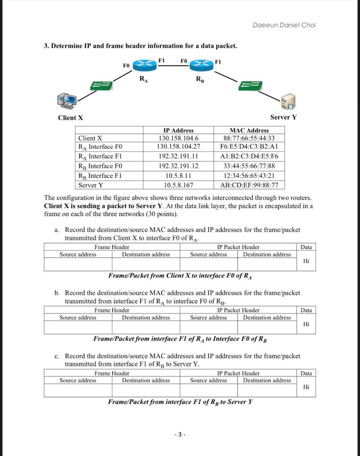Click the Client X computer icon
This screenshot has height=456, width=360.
(x=66, y=101)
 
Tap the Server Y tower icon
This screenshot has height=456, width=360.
(x=287, y=102)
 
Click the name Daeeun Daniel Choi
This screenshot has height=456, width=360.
(x=284, y=25)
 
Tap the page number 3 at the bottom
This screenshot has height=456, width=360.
(x=180, y=435)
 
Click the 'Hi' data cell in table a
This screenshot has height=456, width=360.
(x=306, y=261)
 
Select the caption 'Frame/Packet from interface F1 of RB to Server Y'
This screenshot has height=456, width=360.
(x=180, y=402)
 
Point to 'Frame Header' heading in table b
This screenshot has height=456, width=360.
(x=112, y=310)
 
